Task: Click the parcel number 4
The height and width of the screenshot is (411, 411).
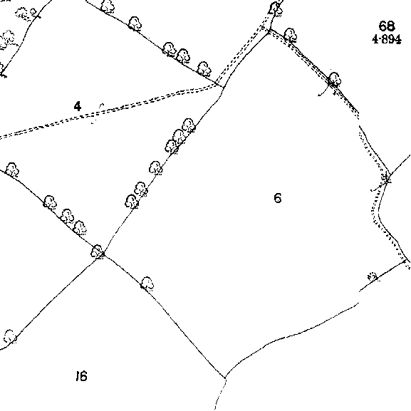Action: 78,106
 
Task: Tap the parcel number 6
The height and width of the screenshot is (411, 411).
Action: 278,198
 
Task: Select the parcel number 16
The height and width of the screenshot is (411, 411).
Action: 81,376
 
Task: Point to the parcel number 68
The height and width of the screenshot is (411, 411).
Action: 387,26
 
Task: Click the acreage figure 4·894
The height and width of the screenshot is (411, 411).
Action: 387,40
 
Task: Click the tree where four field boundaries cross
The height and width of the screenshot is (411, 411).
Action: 97,251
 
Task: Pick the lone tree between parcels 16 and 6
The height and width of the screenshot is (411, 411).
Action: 147,283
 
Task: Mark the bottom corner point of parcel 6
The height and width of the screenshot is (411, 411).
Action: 224,378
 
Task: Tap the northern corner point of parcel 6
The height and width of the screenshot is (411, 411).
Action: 269,31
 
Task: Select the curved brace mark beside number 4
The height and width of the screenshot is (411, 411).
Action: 98,113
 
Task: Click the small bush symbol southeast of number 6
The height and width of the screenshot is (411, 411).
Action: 373,276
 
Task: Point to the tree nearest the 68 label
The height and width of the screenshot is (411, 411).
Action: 291,35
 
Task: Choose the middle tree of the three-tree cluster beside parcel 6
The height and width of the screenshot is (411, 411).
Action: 180,136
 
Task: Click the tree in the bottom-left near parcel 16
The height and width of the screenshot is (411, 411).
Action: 10,336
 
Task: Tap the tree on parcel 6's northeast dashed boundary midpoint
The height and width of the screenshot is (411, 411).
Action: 335,79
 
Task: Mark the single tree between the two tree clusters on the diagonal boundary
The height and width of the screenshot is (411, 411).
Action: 156,168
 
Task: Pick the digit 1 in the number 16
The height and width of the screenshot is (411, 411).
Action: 78,376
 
